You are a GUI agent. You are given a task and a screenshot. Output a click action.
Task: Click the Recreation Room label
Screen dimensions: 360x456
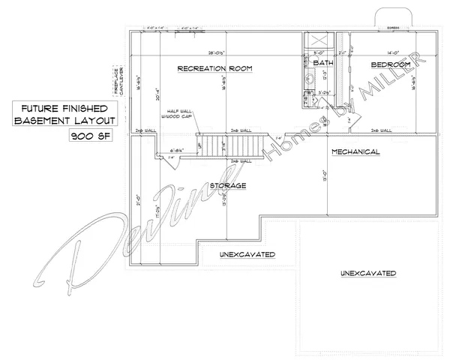click(x=214, y=69)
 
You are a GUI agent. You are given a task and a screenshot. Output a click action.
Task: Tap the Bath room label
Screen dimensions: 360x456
click(x=323, y=64)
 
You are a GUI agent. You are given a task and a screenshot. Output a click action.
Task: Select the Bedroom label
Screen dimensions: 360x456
click(x=391, y=65)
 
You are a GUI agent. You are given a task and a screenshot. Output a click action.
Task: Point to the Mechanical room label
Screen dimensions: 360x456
click(x=355, y=152)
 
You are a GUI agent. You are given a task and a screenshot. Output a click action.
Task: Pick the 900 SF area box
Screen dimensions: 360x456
click(x=86, y=136)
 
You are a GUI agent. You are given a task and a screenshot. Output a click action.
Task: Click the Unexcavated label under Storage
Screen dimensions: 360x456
click(x=247, y=254)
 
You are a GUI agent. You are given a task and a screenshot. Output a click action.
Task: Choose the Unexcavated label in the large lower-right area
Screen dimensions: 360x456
click(x=367, y=272)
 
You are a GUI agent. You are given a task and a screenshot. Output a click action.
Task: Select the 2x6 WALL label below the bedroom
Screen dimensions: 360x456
click(x=382, y=130)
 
